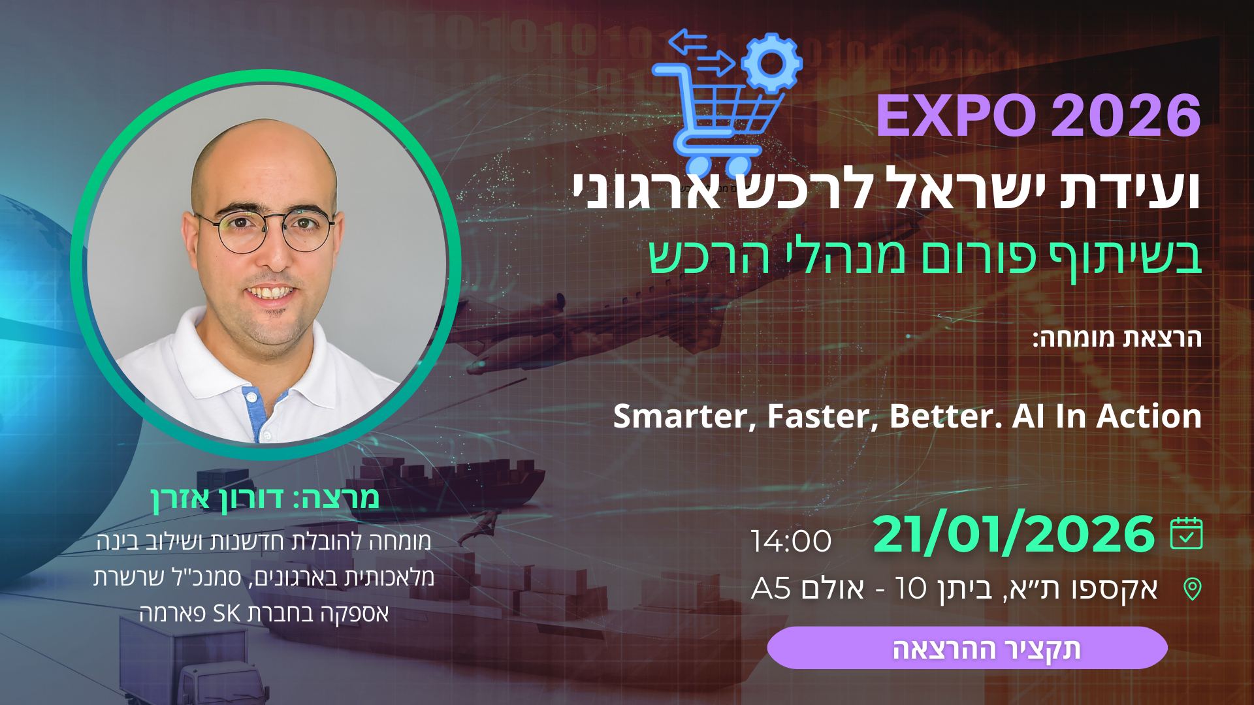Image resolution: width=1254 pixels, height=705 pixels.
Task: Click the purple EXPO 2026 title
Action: click(x=1038, y=116)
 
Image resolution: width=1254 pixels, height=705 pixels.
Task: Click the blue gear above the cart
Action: click(x=771, y=63)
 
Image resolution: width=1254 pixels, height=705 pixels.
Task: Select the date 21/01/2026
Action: click(x=1014, y=535)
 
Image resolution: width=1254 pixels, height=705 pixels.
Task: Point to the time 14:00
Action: click(x=791, y=541)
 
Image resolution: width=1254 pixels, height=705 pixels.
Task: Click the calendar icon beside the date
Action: click(x=1186, y=533)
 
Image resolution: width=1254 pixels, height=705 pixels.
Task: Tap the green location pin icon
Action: click(x=1193, y=589)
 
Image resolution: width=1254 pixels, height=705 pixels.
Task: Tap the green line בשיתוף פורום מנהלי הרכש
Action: click(x=925, y=257)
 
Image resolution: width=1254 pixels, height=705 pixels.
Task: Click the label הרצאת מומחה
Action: click(x=1117, y=338)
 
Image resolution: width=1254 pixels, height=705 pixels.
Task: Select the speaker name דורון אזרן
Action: click(x=217, y=499)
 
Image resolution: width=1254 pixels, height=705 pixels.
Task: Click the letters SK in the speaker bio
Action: click(x=227, y=614)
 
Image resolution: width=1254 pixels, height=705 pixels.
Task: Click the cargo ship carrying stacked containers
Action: click(x=451, y=486)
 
